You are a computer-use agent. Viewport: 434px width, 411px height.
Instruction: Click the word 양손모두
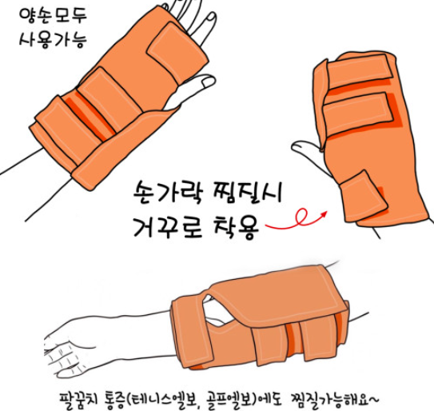pos(53,15)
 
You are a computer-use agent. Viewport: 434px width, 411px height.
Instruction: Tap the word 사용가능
pos(53,39)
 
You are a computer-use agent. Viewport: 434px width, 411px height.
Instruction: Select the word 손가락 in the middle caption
pos(169,192)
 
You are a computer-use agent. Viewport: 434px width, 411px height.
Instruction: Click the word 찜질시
pos(248,192)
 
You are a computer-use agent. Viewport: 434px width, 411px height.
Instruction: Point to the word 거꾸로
pos(168,228)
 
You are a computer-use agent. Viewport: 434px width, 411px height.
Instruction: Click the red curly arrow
pos(297,220)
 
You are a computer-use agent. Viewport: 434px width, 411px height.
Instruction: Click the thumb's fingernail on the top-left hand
pos(208,82)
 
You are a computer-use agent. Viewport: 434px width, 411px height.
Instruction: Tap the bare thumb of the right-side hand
pos(306,151)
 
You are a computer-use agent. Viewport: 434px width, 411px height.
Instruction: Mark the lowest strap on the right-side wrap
pos(363,195)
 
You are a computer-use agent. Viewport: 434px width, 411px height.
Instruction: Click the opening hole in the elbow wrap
pos(218,309)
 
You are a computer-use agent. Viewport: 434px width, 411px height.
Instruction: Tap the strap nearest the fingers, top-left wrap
pos(177,53)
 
